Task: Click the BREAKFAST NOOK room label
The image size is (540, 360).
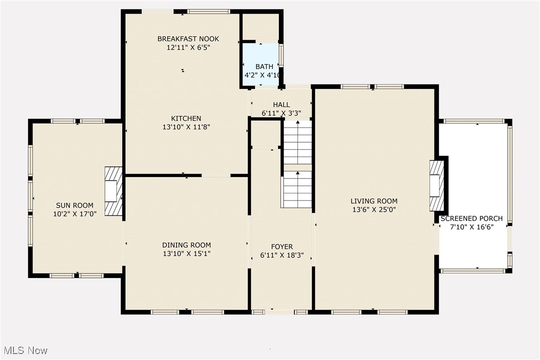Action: (188, 39)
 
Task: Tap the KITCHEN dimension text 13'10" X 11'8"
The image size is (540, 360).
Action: (186, 127)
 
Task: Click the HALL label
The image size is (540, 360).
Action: (281, 104)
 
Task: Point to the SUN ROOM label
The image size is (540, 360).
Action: (75, 205)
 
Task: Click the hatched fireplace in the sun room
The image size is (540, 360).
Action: (113, 191)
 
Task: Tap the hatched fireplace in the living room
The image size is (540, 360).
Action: (437, 185)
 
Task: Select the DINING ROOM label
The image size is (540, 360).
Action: (186, 245)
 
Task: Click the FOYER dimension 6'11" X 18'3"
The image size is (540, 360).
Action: (281, 256)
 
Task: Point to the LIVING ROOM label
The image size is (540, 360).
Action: (374, 201)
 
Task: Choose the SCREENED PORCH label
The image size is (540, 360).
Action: (471, 218)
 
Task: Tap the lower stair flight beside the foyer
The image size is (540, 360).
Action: (297, 189)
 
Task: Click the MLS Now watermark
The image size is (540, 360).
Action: (24, 351)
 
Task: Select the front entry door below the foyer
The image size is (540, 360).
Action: (279, 312)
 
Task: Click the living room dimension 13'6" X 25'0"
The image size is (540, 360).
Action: (374, 210)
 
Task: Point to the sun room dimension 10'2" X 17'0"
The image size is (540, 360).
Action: (75, 214)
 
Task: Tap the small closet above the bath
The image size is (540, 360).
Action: (260, 27)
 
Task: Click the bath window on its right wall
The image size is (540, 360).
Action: (281, 55)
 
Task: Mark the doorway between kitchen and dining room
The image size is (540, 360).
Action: (216, 175)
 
